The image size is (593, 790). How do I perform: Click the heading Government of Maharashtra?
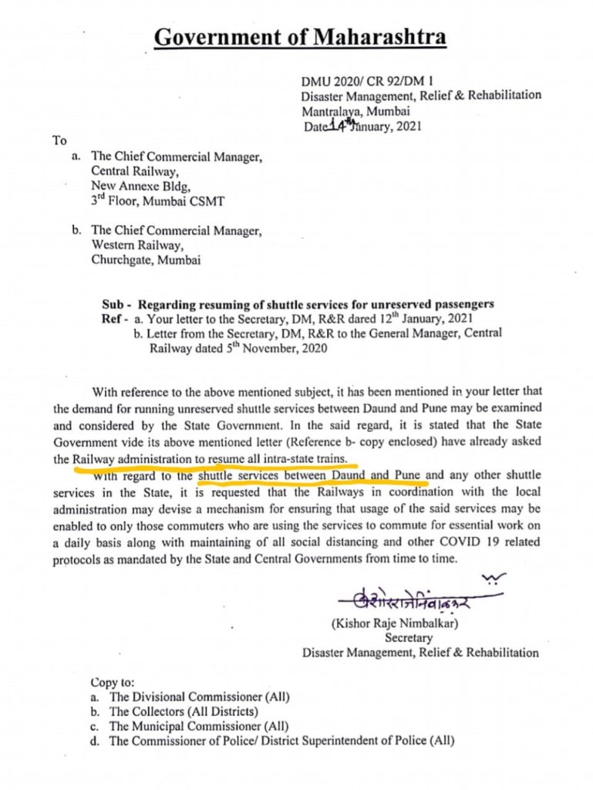(x=298, y=37)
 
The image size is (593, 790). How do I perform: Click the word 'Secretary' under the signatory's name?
(x=409, y=637)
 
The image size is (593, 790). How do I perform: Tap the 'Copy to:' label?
(x=113, y=682)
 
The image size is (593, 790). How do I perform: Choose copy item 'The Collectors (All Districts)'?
(x=184, y=711)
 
